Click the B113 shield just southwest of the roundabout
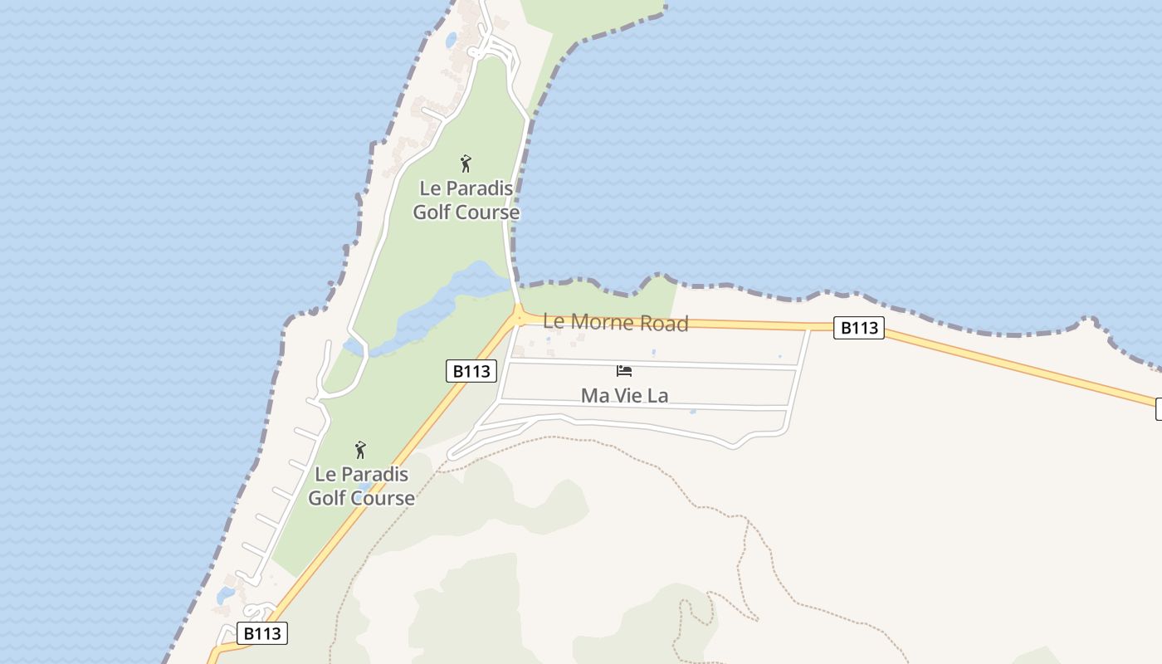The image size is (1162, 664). click(471, 371)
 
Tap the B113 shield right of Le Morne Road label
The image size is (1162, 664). click(858, 328)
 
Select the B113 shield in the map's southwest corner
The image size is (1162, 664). click(262, 633)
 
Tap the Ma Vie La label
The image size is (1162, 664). click(624, 395)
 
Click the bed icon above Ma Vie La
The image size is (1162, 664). click(624, 371)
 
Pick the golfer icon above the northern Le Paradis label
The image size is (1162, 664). click(466, 164)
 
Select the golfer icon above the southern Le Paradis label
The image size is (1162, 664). click(360, 450)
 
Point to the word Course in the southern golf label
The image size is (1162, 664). click(383, 498)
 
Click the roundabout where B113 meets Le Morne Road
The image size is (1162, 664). click(519, 316)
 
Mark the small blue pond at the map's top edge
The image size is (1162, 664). click(451, 39)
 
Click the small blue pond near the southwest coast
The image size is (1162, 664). click(225, 595)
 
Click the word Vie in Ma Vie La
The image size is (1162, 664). click(629, 395)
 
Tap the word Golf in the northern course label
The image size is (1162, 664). click(432, 212)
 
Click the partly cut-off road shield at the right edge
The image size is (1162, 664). click(1158, 408)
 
